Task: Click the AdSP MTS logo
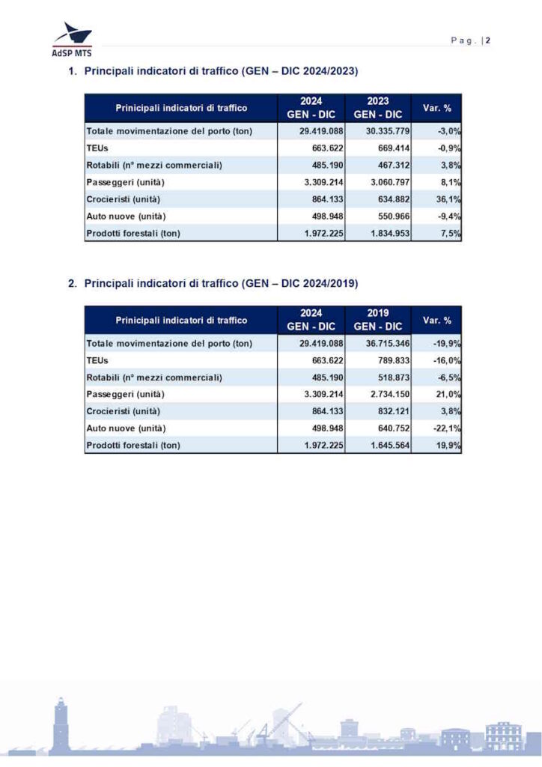(x=72, y=39)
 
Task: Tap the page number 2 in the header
(x=487, y=40)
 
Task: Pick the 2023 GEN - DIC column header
(x=377, y=108)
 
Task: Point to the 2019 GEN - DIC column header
(x=377, y=320)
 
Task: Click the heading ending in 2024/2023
(x=221, y=72)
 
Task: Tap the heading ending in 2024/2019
(x=221, y=284)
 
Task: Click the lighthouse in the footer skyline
(x=61, y=723)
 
